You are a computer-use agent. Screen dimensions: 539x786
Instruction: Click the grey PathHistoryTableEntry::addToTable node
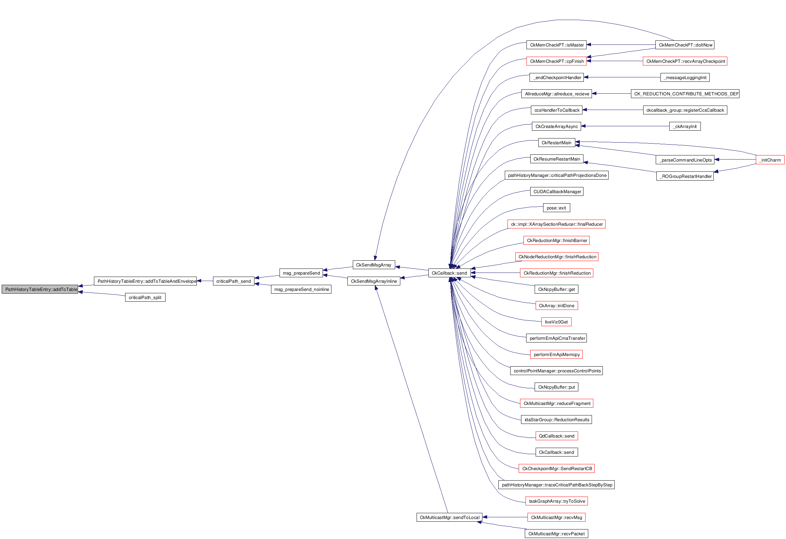(x=40, y=290)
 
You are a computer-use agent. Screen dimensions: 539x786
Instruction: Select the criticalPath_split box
(x=145, y=298)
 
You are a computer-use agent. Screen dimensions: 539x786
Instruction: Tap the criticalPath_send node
(x=233, y=281)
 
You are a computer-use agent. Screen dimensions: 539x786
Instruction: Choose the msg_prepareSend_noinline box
(x=301, y=290)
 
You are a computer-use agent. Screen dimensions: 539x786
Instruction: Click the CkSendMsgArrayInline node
(x=373, y=281)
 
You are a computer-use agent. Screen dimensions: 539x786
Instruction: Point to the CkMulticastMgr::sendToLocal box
(x=449, y=518)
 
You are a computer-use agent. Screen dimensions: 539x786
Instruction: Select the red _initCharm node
(x=770, y=160)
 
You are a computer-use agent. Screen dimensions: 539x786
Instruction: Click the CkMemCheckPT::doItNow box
(x=685, y=45)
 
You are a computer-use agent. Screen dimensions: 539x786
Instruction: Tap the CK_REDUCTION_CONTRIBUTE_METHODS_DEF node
(x=685, y=94)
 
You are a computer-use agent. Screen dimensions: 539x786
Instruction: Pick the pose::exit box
(x=556, y=208)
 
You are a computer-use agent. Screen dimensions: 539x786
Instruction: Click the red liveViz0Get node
(x=556, y=322)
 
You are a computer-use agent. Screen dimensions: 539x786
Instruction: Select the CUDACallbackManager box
(x=557, y=192)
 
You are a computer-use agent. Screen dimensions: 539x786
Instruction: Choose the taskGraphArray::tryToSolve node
(x=557, y=501)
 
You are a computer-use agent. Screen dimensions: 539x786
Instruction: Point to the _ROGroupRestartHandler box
(x=685, y=176)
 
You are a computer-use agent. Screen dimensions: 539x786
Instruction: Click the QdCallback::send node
(x=556, y=436)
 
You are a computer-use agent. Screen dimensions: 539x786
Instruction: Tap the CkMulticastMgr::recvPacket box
(x=556, y=534)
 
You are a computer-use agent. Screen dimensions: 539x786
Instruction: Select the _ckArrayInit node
(x=685, y=127)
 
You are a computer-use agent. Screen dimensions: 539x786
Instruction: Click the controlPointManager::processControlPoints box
(x=557, y=371)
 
